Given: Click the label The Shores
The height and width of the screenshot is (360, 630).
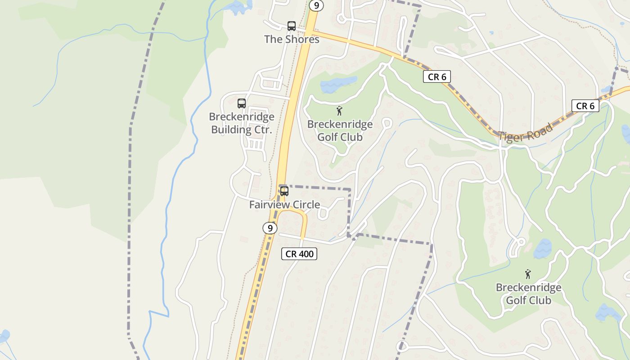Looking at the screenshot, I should point(292,39).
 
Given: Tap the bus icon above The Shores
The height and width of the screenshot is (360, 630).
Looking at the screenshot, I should point(292,26).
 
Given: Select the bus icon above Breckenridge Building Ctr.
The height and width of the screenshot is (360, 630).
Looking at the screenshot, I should point(242,103).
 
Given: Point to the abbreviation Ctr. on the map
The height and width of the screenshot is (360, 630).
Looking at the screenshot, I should point(263,130).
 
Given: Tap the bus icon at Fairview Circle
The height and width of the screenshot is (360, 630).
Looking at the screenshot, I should point(284,191).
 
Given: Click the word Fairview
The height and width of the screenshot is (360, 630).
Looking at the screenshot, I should point(270,205).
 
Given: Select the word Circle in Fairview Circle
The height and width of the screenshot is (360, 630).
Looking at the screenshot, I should point(306,205).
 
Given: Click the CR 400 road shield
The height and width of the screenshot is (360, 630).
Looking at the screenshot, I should point(299,254).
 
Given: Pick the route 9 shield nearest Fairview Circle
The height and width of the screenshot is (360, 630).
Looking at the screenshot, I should point(270,228).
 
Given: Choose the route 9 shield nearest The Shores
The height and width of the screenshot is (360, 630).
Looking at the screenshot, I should point(316,5).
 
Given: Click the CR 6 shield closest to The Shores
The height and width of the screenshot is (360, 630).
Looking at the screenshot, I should point(436,77).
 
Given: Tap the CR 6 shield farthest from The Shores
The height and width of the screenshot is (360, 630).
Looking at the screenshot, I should point(585,106).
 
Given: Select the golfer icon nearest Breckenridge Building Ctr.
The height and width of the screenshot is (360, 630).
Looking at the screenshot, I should point(339,111).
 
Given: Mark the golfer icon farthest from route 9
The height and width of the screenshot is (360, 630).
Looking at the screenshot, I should point(528,274).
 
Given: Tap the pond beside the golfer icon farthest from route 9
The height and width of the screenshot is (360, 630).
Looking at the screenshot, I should point(543,248).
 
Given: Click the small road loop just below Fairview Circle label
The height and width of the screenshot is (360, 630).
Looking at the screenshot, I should point(322,215).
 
